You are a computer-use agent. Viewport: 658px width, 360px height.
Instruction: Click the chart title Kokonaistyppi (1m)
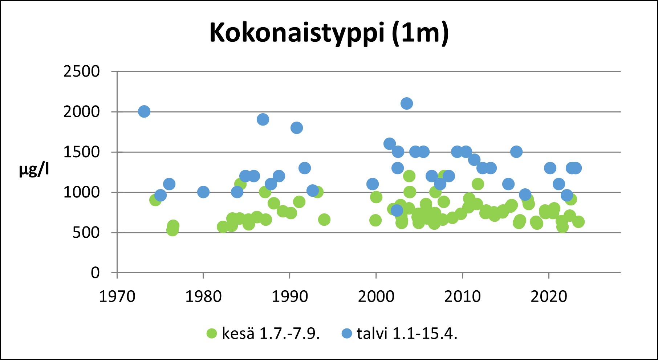329,33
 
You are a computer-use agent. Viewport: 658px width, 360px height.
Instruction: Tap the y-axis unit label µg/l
34,169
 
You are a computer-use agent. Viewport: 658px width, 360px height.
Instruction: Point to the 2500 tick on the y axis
81,71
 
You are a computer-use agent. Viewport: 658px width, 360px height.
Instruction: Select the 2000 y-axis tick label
81,112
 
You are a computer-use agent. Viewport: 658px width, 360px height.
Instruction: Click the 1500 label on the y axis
81,152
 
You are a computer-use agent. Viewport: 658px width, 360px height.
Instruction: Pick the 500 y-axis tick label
86,233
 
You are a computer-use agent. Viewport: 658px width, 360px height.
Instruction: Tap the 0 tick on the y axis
95,273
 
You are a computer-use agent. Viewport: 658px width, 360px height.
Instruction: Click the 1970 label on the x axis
117,297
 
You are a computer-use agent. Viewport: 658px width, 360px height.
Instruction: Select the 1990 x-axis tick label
290,297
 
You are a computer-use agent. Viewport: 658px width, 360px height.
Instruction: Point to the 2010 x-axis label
462,297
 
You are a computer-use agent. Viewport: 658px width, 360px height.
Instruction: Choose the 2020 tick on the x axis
549,297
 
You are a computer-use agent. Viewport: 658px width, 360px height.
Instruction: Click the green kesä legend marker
212,334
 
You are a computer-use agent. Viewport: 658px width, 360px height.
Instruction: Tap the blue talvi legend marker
347,334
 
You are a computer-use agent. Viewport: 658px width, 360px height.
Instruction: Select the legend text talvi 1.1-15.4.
407,334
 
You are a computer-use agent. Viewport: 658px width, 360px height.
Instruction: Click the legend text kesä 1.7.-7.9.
271,334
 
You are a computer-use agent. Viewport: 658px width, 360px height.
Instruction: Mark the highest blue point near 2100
407,103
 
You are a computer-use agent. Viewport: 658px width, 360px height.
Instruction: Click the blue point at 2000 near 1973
144,111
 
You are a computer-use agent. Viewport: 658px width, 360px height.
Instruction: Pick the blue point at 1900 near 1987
263,119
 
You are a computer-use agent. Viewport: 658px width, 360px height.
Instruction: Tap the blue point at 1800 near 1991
297,128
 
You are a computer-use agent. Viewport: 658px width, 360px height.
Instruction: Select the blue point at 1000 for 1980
203,192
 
